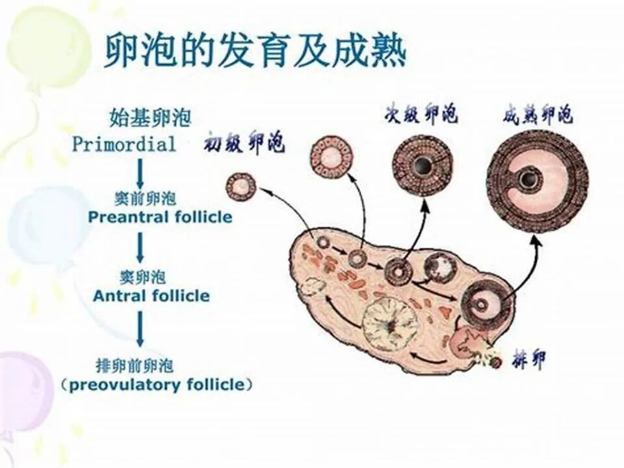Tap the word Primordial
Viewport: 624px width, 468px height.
click(x=124, y=144)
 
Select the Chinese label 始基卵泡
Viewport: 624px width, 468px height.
click(x=150, y=118)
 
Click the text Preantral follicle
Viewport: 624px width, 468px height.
click(x=160, y=217)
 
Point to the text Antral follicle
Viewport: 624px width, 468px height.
click(x=151, y=296)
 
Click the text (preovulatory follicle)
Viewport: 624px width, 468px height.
click(x=157, y=385)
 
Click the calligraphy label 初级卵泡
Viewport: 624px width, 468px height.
click(x=244, y=142)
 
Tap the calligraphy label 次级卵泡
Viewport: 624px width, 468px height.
click(x=420, y=115)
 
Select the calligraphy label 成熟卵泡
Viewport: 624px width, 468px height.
click(x=538, y=115)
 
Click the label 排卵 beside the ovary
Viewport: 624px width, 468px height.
click(x=527, y=359)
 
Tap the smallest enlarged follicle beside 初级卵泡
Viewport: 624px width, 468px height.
click(x=240, y=187)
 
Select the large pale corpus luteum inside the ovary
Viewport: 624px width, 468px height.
click(x=389, y=323)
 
